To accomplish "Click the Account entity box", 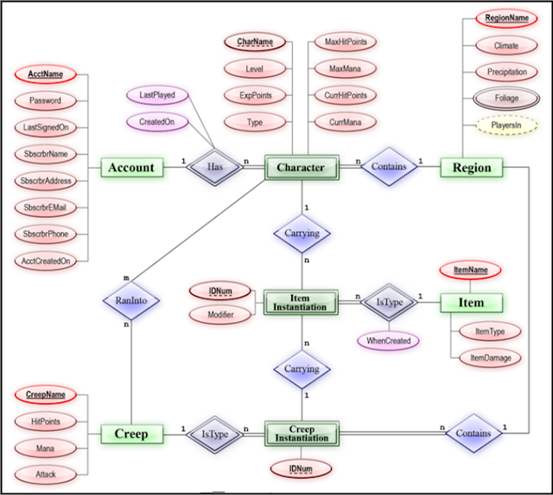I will pos(132,168).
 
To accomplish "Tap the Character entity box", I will pos(302,168).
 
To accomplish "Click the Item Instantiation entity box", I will pos(302,302).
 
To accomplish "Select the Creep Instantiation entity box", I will pos(302,433).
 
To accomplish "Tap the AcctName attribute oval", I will pos(45,74).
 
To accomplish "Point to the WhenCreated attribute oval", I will pos(389,340).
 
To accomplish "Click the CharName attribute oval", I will pos(255,41).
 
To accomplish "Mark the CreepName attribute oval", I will pos(45,395).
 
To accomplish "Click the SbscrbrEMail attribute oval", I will pos(45,208).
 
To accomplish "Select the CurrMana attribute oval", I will pos(345,122).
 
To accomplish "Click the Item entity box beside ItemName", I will pos(471,303).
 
